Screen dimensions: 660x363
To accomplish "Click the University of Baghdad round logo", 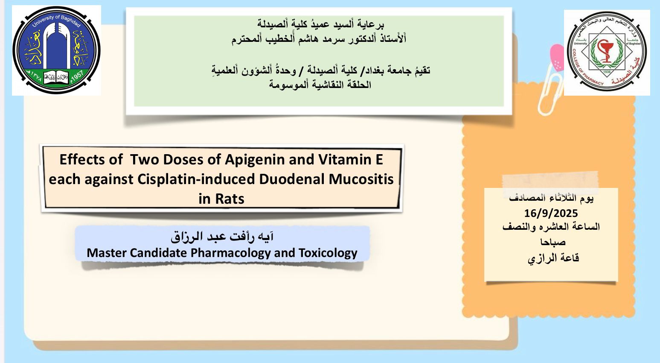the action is coord(56,50).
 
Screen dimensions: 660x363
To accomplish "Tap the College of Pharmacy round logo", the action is coord(607,53).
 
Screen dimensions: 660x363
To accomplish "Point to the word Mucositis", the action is coord(361,179).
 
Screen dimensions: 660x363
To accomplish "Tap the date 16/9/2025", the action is coord(551,213).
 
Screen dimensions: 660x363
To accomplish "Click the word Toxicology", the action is coord(328,253).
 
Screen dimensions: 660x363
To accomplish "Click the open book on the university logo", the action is coord(56,77).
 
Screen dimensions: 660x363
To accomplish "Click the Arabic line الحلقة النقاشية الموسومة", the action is coord(320,85).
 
